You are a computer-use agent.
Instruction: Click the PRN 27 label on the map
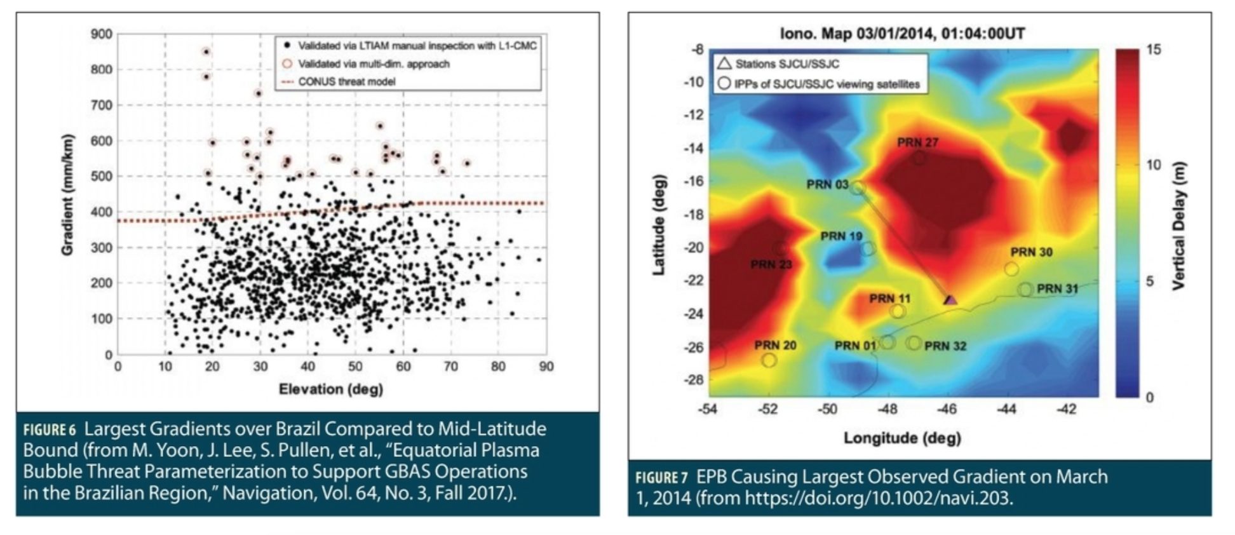click(917, 143)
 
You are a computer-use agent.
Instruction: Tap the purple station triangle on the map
click(950, 299)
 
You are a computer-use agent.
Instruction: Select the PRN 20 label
click(775, 346)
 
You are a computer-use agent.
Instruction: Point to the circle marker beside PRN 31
click(1025, 290)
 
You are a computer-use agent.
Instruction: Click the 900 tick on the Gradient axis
click(102, 34)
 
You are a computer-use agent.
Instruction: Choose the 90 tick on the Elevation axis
click(546, 367)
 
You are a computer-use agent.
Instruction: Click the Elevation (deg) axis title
click(330, 389)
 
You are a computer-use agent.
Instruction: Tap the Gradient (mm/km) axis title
click(67, 195)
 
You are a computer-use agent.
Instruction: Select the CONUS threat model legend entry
click(346, 81)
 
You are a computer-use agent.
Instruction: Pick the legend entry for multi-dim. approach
click(374, 64)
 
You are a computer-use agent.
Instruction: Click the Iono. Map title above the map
click(902, 33)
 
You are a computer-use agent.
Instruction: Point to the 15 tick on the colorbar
click(1154, 50)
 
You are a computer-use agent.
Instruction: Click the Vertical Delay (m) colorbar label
click(1179, 226)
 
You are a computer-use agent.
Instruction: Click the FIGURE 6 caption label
click(50, 430)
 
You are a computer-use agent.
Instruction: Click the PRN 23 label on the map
click(771, 264)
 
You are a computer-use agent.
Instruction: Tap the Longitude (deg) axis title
click(902, 438)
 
